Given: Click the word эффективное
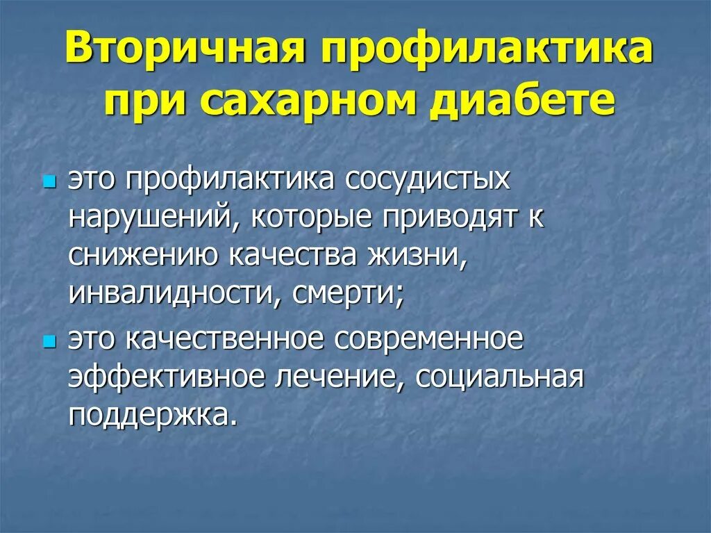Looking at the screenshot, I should click(x=167, y=377).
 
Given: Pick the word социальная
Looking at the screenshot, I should click(x=489, y=377).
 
